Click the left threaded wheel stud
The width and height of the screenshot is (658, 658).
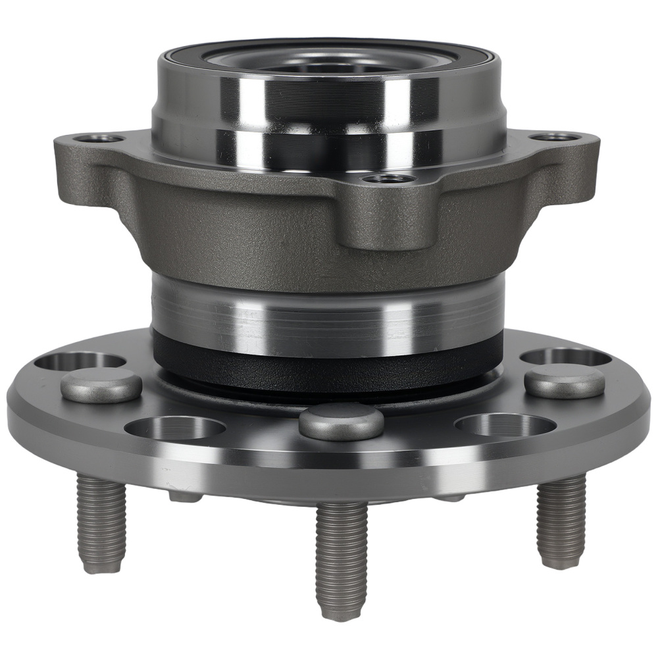(100, 520)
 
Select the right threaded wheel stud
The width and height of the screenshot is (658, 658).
(561, 520)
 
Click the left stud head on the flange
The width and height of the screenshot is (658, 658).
(101, 385)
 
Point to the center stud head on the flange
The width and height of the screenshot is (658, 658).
(341, 422)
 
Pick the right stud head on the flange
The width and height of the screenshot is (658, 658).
(565, 382)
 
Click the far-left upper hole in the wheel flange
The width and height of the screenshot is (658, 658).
(79, 361)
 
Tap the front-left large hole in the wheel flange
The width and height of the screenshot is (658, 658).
(175, 428)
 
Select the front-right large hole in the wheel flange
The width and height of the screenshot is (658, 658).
(505, 424)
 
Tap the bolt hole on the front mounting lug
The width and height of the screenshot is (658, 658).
(390, 178)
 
